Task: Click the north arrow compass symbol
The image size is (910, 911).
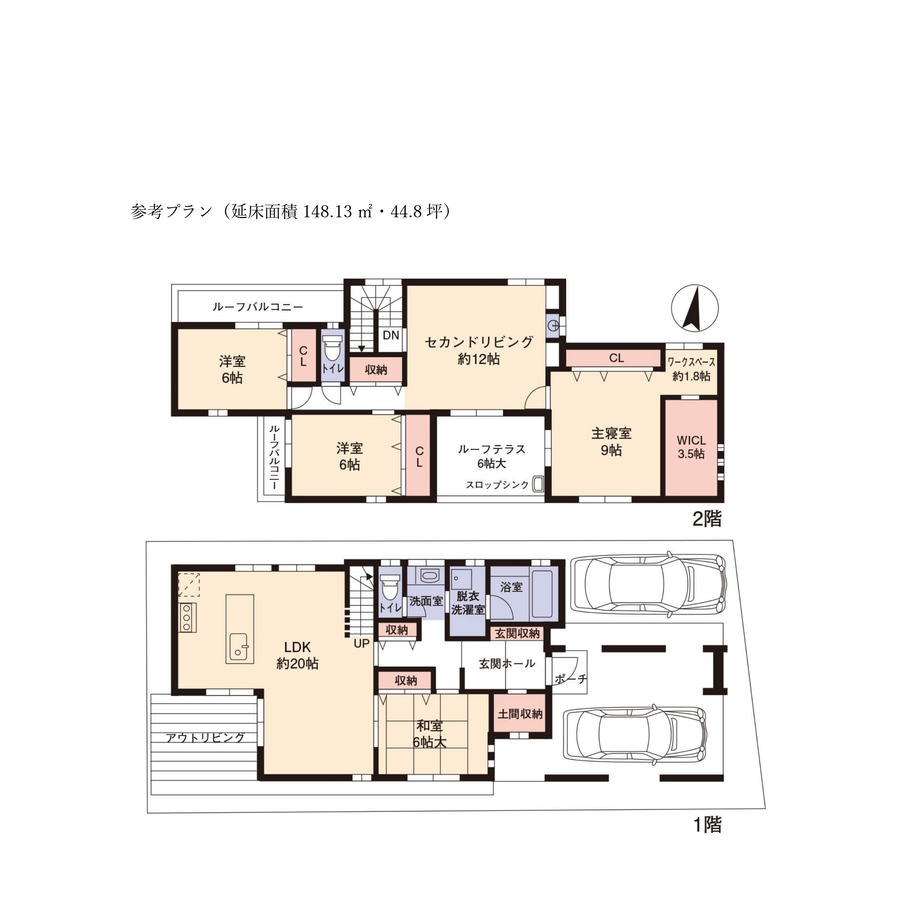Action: pyautogui.click(x=695, y=308)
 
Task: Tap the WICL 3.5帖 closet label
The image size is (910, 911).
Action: pyautogui.click(x=691, y=447)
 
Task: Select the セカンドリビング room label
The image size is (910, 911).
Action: pyautogui.click(x=479, y=342)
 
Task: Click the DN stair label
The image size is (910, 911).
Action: pyautogui.click(x=391, y=335)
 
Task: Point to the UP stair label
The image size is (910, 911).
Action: pyautogui.click(x=362, y=643)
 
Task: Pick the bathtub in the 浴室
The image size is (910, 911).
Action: pyautogui.click(x=544, y=594)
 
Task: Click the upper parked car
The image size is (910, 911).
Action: pyautogui.click(x=648, y=584)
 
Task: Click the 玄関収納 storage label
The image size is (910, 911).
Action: pyautogui.click(x=517, y=633)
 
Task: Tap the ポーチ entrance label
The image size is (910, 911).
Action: pyautogui.click(x=571, y=679)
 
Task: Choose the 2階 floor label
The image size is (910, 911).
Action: pyautogui.click(x=706, y=519)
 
